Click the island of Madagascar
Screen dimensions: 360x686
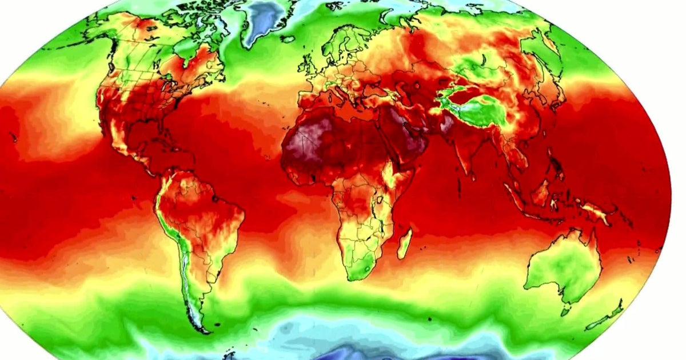coord(405,243)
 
